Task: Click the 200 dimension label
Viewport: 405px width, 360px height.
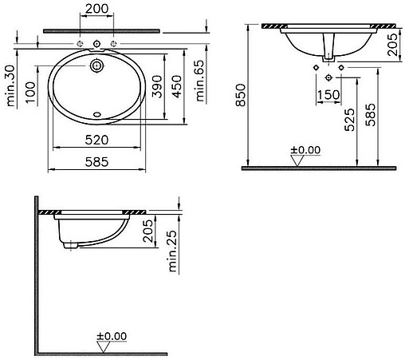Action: [97, 9]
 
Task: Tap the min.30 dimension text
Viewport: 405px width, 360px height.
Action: [10, 85]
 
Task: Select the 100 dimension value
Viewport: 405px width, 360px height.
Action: [30, 93]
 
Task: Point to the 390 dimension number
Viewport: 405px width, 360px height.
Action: [157, 86]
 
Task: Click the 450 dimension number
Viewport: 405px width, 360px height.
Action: [177, 86]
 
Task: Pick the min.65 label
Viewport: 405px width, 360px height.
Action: [200, 81]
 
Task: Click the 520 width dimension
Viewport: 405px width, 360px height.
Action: [96, 140]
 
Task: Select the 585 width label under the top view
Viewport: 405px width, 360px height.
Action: [96, 162]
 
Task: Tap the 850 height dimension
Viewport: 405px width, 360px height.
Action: [241, 95]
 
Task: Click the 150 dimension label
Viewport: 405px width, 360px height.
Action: [328, 95]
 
